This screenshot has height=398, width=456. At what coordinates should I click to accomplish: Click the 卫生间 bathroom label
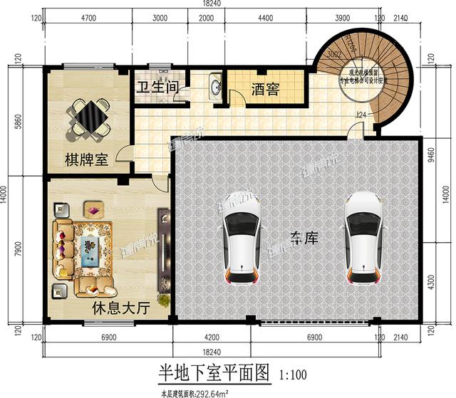point(157,90)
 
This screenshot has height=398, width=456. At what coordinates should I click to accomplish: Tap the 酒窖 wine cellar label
point(265,90)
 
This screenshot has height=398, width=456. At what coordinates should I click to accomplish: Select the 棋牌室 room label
point(86,159)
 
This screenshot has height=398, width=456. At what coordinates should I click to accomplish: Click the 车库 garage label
point(304,239)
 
